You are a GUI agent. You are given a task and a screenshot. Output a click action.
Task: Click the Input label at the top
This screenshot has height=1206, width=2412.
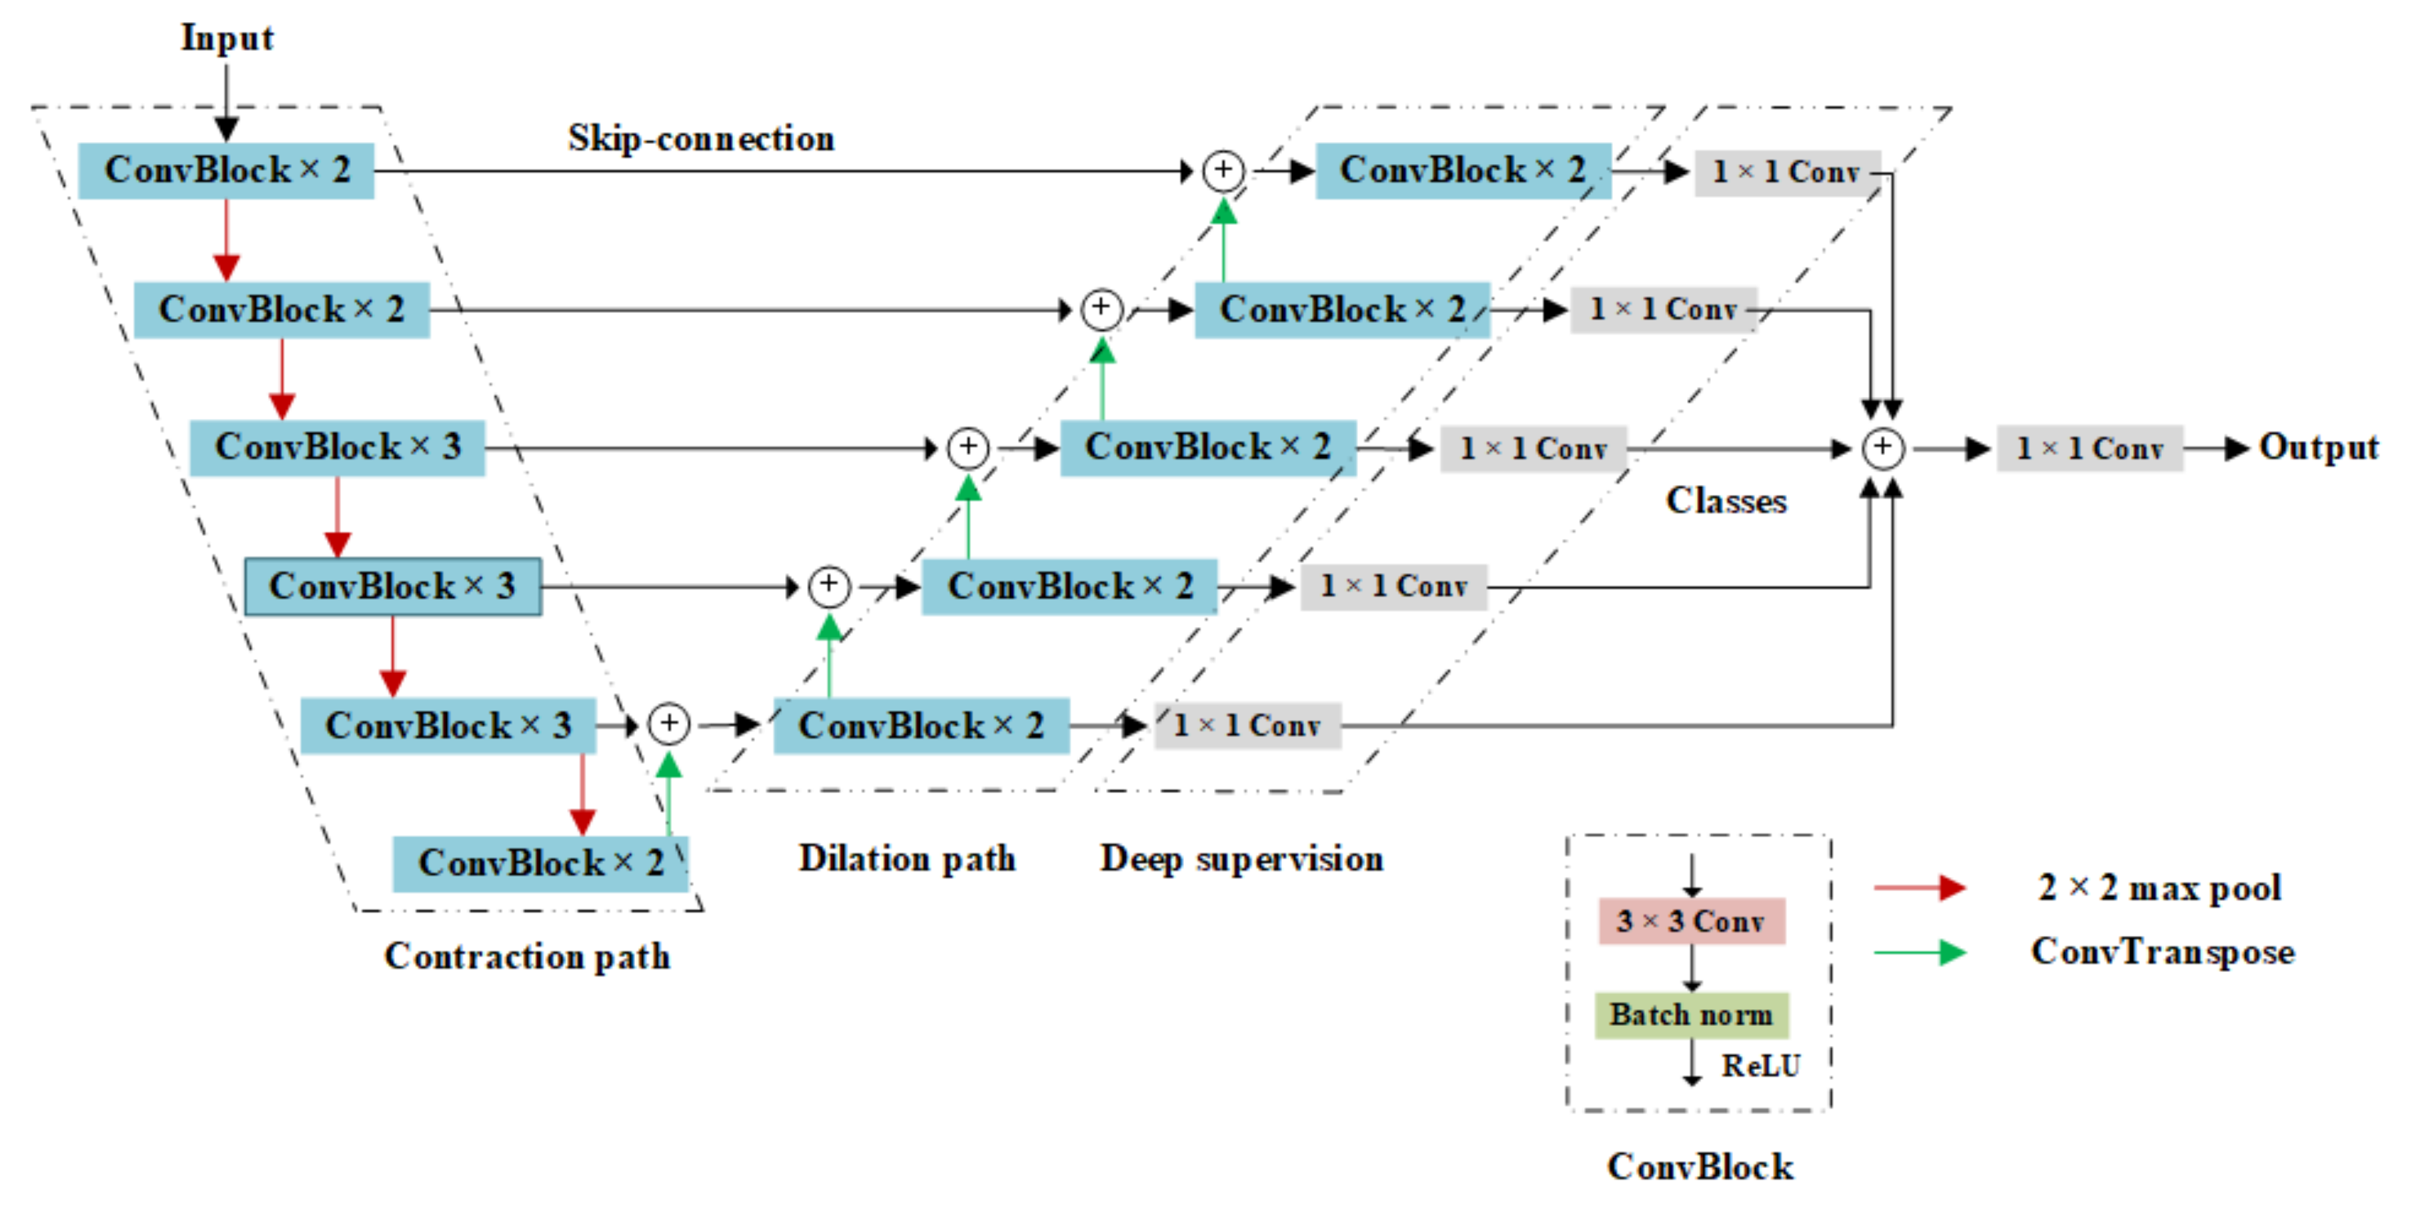pos(227,39)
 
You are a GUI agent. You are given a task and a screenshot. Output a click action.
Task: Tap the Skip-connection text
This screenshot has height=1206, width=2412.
pos(700,139)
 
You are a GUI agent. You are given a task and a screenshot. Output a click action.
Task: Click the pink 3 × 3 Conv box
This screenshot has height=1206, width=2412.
pos(1691,921)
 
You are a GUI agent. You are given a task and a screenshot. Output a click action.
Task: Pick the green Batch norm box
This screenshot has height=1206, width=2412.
pos(1691,1015)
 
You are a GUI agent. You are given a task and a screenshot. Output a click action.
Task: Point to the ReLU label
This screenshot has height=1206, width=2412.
pos(1760,1065)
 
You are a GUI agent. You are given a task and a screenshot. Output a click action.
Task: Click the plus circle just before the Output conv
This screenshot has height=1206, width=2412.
pos(1882,448)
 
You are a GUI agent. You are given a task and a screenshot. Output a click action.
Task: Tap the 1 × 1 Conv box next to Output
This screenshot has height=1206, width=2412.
pos(2089,448)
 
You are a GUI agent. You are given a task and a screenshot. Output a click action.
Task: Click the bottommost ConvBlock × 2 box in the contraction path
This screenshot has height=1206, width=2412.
pos(540,863)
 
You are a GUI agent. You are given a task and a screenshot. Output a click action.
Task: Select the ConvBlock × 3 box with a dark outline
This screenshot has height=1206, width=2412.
pos(392,587)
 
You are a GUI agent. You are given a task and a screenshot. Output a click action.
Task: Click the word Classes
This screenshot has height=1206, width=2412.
pos(1726,501)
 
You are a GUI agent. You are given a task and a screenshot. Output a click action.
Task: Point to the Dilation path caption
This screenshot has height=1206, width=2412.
pos(907,858)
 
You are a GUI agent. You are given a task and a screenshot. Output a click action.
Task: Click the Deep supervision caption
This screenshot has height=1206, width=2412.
pos(1241,858)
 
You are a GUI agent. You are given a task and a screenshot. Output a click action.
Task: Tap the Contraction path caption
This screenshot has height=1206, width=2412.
pos(527,956)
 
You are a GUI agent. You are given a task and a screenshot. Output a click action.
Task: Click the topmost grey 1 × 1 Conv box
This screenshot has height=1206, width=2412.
pos(1786,172)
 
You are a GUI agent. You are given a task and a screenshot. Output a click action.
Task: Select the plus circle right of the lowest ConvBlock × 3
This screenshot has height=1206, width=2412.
pos(668,724)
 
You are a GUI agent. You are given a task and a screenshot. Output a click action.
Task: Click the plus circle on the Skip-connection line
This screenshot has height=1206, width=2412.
pos(1223,170)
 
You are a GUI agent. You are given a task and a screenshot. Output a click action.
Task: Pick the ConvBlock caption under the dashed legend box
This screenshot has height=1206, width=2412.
pos(1700,1167)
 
